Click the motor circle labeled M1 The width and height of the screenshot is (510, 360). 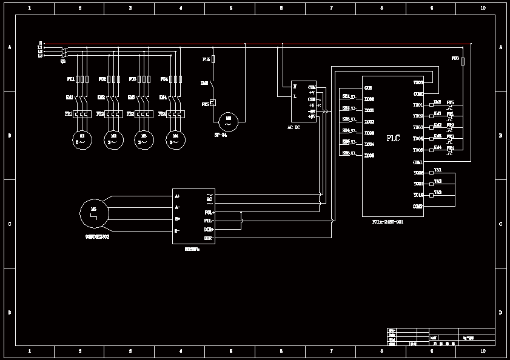click(81, 139)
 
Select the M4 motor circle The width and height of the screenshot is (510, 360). click(176, 139)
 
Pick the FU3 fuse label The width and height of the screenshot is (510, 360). click(132, 79)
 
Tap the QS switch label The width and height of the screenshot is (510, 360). click(63, 61)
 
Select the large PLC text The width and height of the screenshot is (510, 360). click(393, 138)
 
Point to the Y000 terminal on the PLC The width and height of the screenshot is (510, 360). click(418, 82)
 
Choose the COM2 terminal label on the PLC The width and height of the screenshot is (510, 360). click(417, 207)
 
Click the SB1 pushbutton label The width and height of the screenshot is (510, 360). click(346, 96)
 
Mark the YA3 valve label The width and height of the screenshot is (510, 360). click(438, 193)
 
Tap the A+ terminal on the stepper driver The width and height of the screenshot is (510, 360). click(177, 196)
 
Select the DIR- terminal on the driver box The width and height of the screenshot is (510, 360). click(208, 239)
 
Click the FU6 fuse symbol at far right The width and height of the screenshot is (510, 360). click(463, 62)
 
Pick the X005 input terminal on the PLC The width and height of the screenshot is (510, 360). click(369, 155)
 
